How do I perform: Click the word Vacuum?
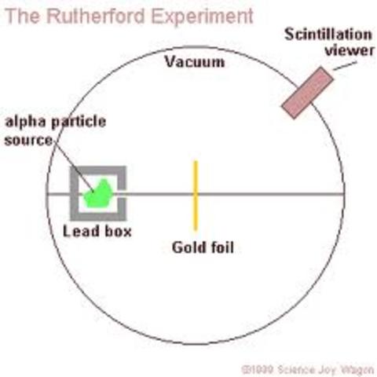[x=194, y=62]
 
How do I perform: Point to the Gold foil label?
[x=203, y=249]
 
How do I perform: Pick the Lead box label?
[x=97, y=232]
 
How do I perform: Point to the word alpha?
[x=24, y=123]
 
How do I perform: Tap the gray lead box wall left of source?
[x=75, y=194]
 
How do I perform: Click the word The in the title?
[x=19, y=16]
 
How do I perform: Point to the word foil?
[x=221, y=249]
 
